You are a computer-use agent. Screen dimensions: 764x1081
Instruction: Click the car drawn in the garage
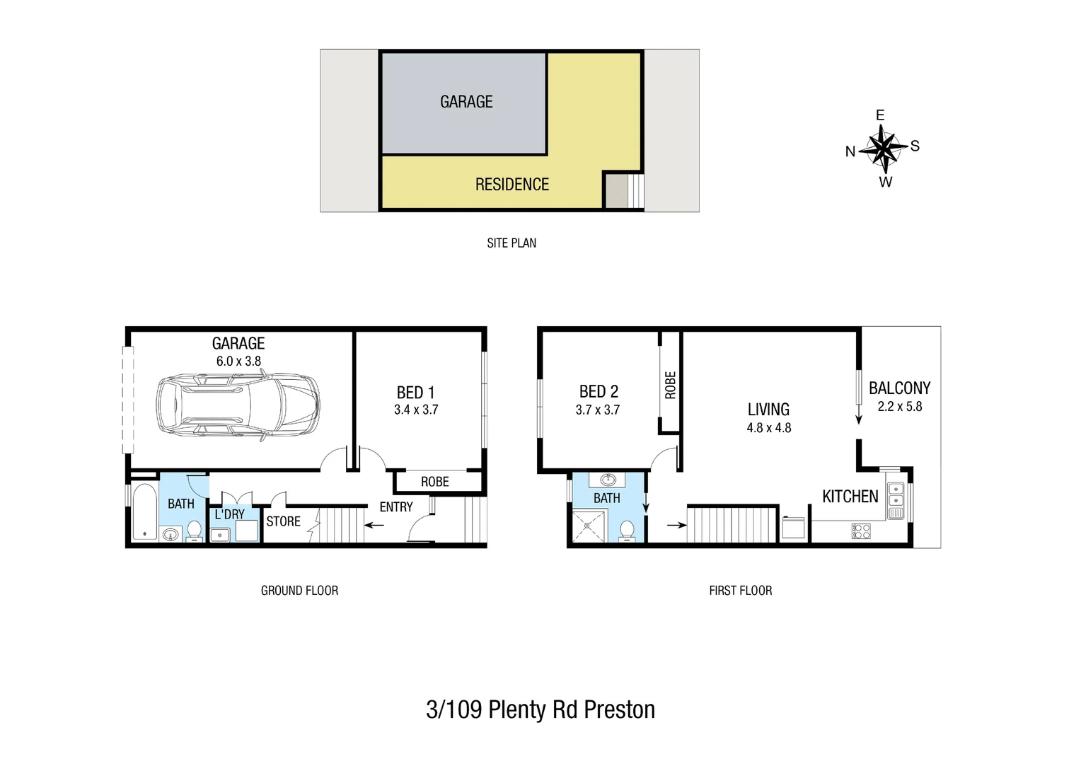(x=237, y=408)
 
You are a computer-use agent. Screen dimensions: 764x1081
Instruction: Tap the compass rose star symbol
(x=882, y=149)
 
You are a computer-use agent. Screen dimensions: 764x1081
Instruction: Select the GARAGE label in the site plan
(x=466, y=102)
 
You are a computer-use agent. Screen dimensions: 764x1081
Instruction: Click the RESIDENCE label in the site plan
(x=511, y=185)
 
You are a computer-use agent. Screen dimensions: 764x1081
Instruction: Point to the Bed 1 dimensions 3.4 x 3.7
(x=416, y=410)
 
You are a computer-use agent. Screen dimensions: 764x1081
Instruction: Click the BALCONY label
(x=899, y=388)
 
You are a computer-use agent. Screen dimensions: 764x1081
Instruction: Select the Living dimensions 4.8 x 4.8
(x=768, y=428)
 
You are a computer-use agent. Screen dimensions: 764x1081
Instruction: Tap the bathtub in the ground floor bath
(x=145, y=512)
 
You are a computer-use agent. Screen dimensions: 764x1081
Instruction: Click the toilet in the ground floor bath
(x=193, y=531)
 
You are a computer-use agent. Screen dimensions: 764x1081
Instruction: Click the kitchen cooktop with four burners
(x=861, y=531)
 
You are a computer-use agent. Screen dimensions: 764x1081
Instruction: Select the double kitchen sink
(x=895, y=500)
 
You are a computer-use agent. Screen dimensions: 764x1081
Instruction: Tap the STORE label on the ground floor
(x=283, y=521)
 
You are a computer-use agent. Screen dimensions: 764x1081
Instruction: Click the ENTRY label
(x=395, y=507)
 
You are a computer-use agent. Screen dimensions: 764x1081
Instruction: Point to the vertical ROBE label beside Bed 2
(x=670, y=385)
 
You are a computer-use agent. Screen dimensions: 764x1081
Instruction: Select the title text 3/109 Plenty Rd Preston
(x=540, y=710)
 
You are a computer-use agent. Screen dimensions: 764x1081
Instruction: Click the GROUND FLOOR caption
(x=299, y=591)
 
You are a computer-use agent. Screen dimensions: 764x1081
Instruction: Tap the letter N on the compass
(x=850, y=151)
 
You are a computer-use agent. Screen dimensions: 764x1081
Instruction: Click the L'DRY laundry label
(x=229, y=514)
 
